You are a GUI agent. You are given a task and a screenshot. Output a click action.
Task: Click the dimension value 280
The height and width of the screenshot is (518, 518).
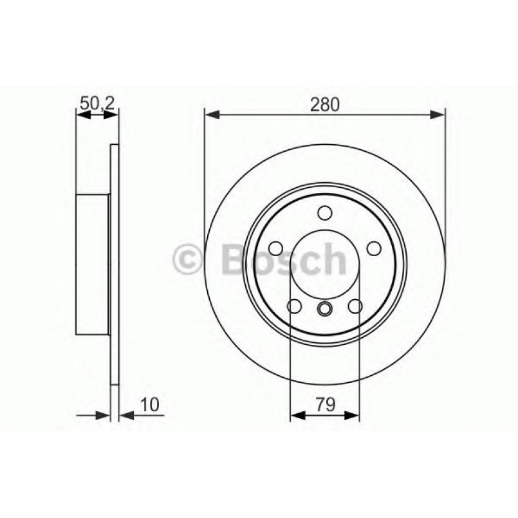coord(325,104)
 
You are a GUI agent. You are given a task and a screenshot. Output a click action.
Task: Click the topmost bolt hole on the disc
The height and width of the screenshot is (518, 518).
coord(325,213)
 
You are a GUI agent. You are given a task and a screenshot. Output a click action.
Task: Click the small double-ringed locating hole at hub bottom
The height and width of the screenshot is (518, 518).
coord(325,310)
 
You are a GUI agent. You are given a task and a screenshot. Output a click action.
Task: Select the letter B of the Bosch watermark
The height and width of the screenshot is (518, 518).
coord(236,260)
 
